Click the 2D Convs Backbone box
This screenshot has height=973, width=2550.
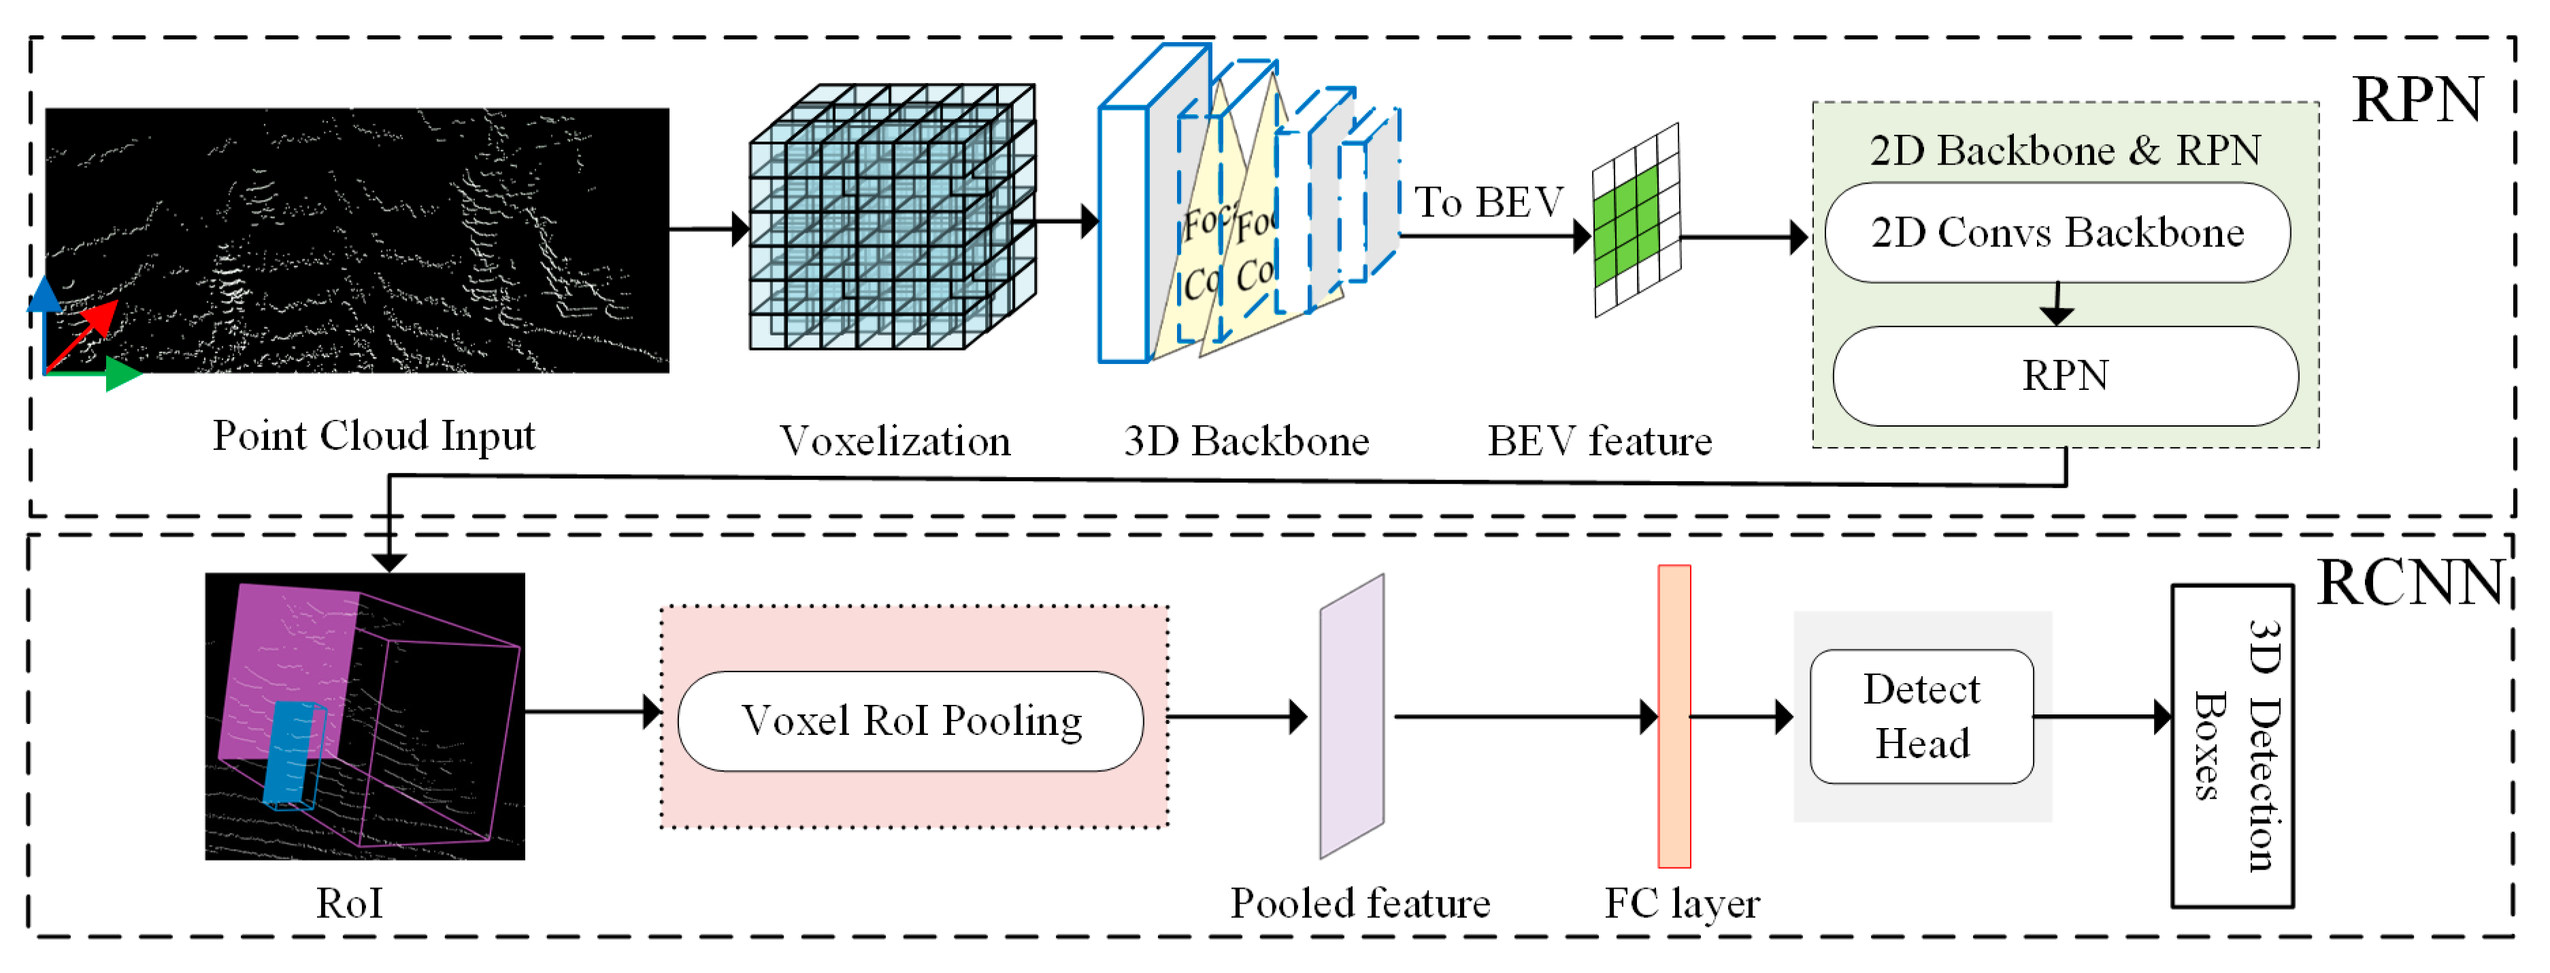2056,233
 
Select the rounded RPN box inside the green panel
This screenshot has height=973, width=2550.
2065,376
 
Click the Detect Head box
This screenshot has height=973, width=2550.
1921,716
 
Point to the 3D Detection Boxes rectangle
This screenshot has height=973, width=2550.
2232,745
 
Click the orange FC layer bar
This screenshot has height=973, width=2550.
1673,716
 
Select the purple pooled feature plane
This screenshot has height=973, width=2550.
1351,716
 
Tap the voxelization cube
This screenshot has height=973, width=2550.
891,218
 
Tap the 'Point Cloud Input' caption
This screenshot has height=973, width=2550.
374,435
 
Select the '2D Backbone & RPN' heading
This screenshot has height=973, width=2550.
2064,150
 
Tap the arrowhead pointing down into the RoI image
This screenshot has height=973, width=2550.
390,562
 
